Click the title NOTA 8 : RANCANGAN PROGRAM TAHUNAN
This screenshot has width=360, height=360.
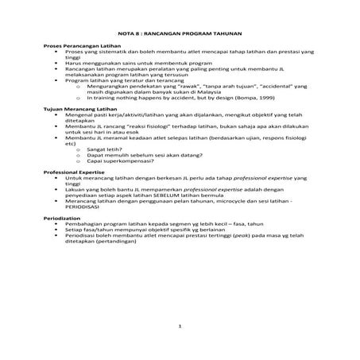(179, 35)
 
